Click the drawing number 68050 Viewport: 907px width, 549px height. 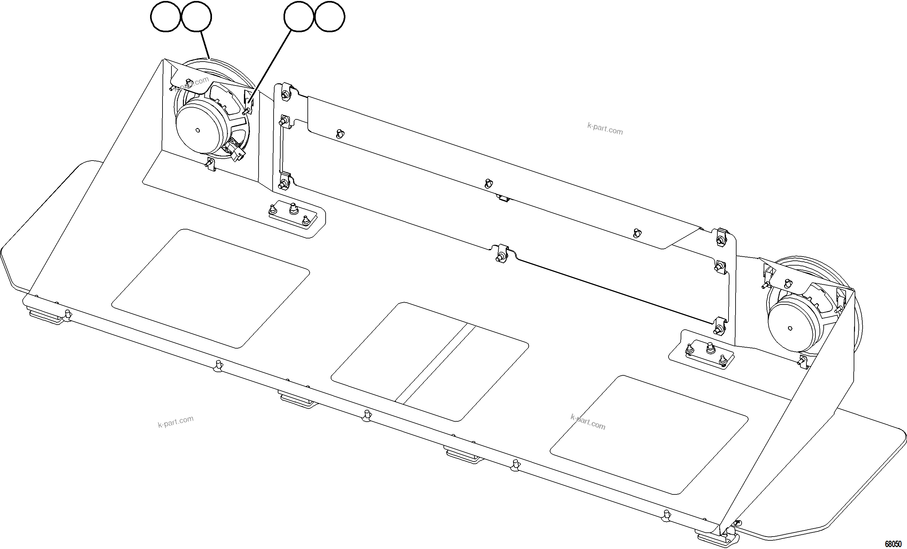pos(893,544)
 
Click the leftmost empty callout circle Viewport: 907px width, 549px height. pos(166,17)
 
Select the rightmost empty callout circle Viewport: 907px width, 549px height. pos(330,17)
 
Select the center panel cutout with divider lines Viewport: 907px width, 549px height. pos(430,361)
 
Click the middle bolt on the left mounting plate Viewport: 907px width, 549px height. pos(293,209)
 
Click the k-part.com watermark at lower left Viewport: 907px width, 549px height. pos(176,422)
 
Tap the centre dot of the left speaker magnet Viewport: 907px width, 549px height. pos(198,130)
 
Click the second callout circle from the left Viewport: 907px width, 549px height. pos(197,17)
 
